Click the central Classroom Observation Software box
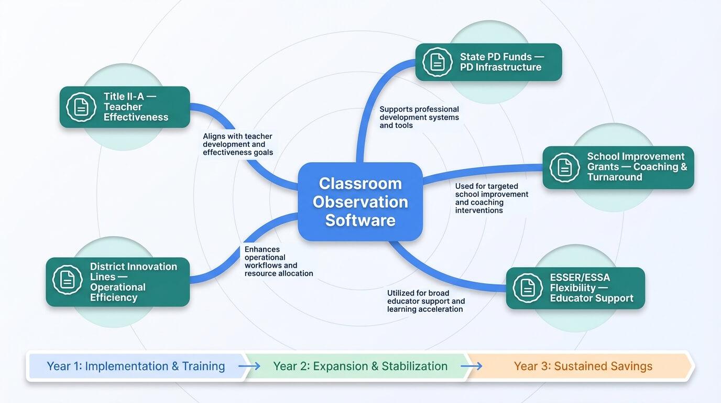tap(360, 202)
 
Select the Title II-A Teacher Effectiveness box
tap(125, 107)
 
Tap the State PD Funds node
tap(488, 62)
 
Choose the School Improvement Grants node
tap(618, 167)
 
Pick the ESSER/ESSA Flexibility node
tap(575, 288)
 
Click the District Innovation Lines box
tap(118, 282)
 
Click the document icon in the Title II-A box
tap(81, 107)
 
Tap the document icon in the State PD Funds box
tap(437, 62)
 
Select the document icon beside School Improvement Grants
tap(564, 167)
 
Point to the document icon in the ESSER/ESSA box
tap(528, 288)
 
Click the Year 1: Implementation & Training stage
tap(136, 366)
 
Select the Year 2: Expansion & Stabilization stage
tap(360, 366)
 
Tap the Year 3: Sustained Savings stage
tap(583, 366)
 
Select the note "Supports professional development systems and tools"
tap(419, 118)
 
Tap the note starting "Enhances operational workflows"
tap(278, 261)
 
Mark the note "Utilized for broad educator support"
tap(425, 301)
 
